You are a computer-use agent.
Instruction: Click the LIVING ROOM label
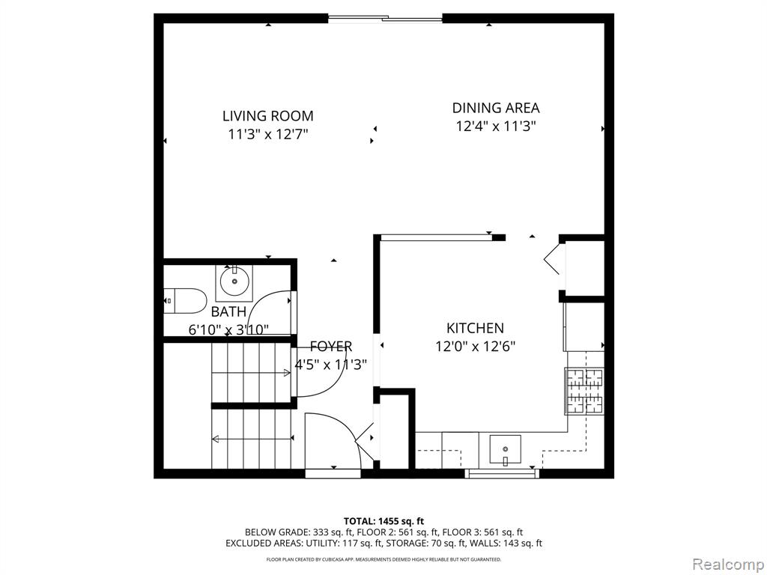point(268,116)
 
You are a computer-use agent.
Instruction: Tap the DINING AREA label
point(496,108)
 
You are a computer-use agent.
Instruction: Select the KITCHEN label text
point(475,328)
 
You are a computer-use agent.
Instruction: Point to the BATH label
point(228,311)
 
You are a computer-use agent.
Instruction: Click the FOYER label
point(331,346)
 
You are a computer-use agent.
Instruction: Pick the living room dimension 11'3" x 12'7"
point(268,134)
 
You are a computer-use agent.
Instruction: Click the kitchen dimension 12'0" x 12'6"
point(476,346)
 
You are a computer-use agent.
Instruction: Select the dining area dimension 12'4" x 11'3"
point(496,126)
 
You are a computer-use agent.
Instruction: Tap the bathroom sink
point(234,282)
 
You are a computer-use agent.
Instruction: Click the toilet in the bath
point(185,301)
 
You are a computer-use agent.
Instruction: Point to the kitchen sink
point(505,450)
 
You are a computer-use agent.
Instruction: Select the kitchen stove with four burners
point(584,391)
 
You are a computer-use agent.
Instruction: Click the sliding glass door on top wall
point(385,19)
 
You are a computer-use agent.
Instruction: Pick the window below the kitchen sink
point(502,473)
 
